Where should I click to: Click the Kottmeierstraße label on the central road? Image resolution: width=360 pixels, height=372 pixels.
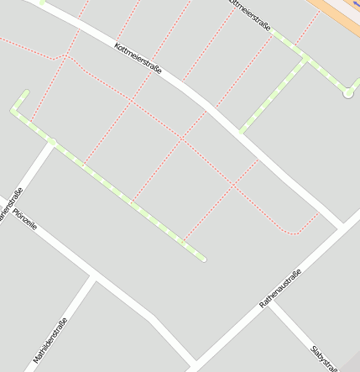pyautogui.click(x=138, y=56)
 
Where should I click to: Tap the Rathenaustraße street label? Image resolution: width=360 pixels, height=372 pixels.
pyautogui.click(x=280, y=288)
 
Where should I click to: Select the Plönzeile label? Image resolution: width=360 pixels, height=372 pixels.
pyautogui.click(x=25, y=219)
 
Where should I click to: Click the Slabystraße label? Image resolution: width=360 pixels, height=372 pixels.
pyautogui.click(x=323, y=356)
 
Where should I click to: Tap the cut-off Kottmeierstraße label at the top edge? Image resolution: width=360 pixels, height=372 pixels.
pyautogui.click(x=249, y=15)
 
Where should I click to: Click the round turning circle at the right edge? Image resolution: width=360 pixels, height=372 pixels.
pyautogui.click(x=347, y=93)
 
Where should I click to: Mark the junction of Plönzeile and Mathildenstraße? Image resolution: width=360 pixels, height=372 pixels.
pyautogui.click(x=95, y=275)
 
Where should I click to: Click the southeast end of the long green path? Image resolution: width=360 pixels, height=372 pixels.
pyautogui.click(x=202, y=259)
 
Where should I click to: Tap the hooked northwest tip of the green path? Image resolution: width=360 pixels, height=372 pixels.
pyautogui.click(x=26, y=92)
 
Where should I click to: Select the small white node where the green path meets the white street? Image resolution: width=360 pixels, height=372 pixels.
pyautogui.click(x=52, y=143)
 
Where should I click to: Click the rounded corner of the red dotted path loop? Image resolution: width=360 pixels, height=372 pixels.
pyautogui.click(x=294, y=233)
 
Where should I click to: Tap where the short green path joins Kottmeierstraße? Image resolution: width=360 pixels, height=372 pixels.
pyautogui.click(x=240, y=131)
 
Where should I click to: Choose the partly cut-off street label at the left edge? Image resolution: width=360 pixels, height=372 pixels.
pyautogui.click(x=8, y=204)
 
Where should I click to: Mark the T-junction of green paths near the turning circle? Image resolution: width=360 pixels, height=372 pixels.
pyautogui.click(x=305, y=58)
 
